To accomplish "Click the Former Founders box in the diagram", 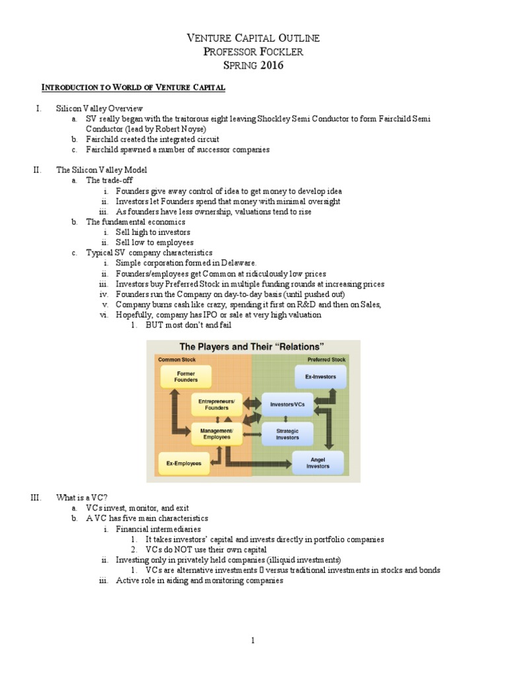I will (186, 376).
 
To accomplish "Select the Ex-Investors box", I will (320, 377).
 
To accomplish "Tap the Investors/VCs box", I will (287, 404).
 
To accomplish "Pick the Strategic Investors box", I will (287, 433).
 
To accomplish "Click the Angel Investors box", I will (318, 462).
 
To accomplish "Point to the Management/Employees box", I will (217, 432).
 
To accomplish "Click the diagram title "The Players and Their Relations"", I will (252, 347).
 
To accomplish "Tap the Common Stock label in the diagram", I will (176, 359).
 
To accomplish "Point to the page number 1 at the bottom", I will (253, 640).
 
